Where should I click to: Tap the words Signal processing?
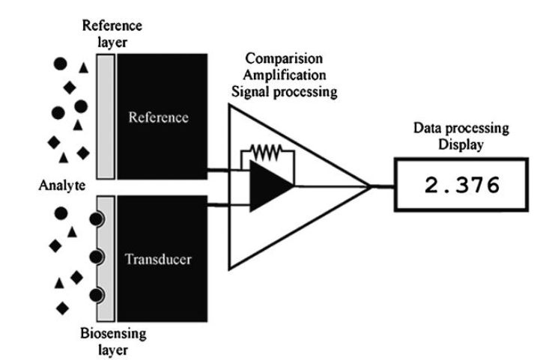click(283, 93)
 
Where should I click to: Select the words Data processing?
click(461, 128)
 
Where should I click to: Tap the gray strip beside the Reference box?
click(106, 117)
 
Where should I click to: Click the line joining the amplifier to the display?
click(382, 186)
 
